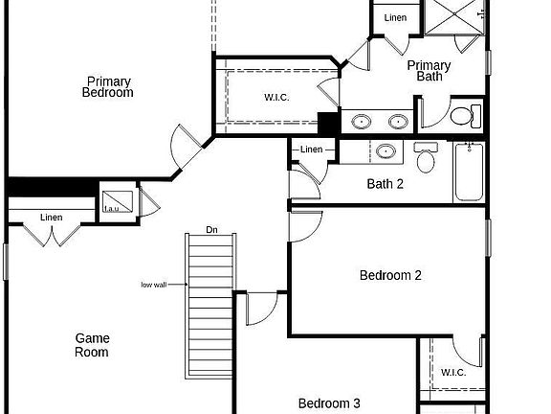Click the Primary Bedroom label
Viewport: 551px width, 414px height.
pos(107,87)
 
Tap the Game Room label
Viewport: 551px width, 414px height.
pos(93,345)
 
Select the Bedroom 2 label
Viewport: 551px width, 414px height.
pos(390,276)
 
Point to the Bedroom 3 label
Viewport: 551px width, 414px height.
pos(328,403)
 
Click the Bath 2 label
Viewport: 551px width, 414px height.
pos(386,184)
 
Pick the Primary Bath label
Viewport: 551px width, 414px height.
pos(429,71)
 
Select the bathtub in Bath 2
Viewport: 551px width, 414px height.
pos(469,172)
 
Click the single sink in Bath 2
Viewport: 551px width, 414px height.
pos(386,150)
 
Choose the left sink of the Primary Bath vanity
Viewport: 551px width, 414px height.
pos(363,122)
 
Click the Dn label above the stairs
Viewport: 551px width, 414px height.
pos(211,230)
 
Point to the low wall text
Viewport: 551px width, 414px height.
pos(155,285)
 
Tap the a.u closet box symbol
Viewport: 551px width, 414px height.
pos(113,204)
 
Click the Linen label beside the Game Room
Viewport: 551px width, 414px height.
pos(52,218)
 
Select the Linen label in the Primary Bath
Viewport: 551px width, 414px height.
pos(395,18)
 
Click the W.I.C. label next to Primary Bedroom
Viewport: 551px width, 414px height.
pos(276,98)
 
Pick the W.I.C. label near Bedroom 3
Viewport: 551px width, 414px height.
pos(452,372)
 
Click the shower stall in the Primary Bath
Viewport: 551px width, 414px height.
pos(454,19)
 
